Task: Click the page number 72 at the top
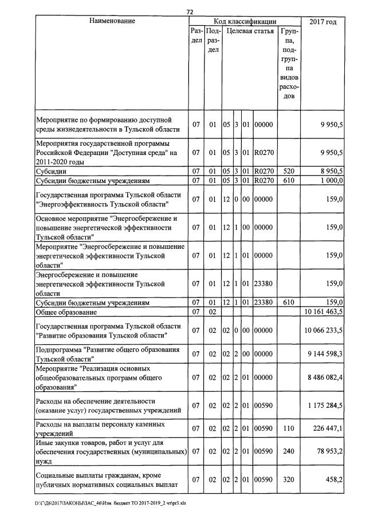point(190,11)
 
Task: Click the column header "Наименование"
point(112,21)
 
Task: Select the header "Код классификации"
point(245,21)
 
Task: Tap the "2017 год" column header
point(322,21)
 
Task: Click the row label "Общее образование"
point(66,312)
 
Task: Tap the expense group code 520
point(289,171)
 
